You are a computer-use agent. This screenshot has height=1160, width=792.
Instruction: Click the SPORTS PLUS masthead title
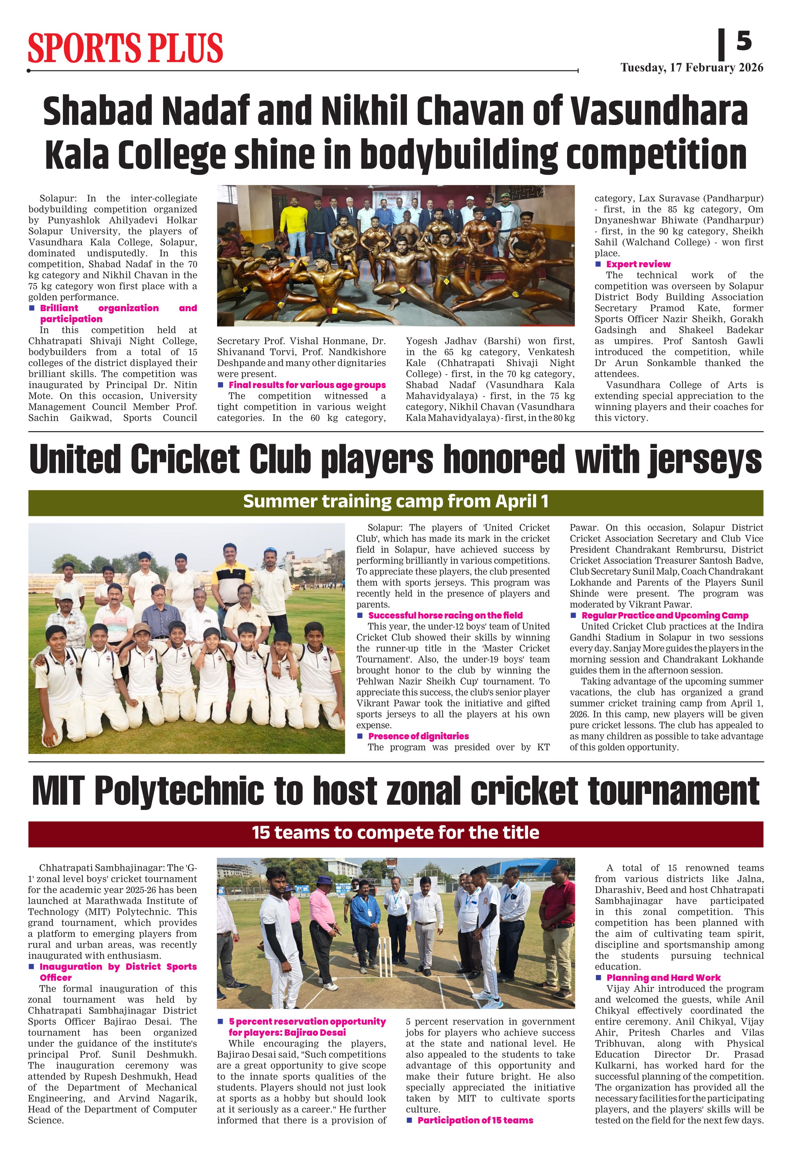125,48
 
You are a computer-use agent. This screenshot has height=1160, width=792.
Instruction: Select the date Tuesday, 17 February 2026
692,68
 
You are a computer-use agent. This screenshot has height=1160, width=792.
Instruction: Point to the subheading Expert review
638,264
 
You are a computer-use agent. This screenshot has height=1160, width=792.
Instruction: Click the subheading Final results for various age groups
307,385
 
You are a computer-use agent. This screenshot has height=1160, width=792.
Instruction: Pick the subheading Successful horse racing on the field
445,615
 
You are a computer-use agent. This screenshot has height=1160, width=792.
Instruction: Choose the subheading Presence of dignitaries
418,736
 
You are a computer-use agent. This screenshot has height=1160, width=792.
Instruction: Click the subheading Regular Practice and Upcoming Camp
665,615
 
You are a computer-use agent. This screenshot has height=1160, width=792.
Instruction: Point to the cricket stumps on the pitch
385,957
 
